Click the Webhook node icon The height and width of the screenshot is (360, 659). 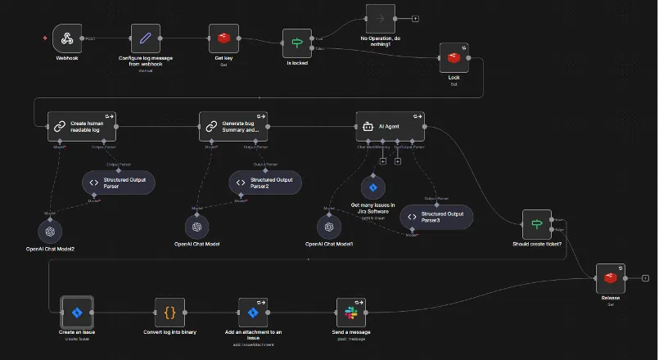coord(67,38)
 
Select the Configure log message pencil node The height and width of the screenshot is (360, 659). coord(146,38)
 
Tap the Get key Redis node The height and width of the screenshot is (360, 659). coord(222,38)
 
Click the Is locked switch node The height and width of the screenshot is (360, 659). coord(297,43)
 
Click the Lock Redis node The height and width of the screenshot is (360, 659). coord(454,57)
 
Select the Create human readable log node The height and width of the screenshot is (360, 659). coord(82,127)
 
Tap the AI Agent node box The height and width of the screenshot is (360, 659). coord(390,127)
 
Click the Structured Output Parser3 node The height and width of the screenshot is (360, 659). coord(437,218)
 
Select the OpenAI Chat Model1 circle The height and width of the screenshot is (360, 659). coord(329,227)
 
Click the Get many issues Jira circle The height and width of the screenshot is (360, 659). coord(373,187)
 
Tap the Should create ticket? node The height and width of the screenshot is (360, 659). coord(537,224)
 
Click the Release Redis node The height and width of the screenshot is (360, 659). coord(610,278)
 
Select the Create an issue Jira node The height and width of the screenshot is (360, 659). coord(77,312)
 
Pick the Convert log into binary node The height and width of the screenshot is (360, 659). coord(170,312)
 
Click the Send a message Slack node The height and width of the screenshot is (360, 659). coord(350,312)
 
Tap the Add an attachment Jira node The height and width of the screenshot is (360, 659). coord(253,312)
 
